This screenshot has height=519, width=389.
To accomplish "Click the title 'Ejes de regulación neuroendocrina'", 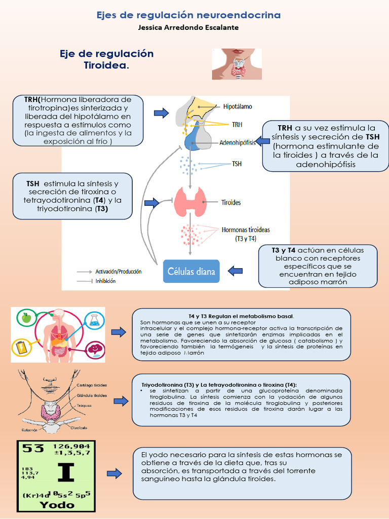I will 188,15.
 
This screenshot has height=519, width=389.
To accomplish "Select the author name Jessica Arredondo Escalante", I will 188,27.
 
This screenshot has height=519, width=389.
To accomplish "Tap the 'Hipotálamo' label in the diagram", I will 238,107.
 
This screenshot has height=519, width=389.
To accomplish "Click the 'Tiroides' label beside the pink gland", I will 231,202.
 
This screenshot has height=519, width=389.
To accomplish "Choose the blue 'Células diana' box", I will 191,272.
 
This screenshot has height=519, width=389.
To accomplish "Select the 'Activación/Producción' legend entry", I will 118,272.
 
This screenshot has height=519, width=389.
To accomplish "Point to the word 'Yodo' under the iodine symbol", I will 56,505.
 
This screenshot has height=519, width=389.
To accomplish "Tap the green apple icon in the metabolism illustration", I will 25,318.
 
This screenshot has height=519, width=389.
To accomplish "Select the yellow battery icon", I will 22,348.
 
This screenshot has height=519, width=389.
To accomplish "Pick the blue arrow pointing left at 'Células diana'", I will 235,271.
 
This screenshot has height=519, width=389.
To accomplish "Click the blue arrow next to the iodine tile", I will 114,474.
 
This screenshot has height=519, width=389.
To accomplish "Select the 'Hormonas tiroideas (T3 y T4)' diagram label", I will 246,234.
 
